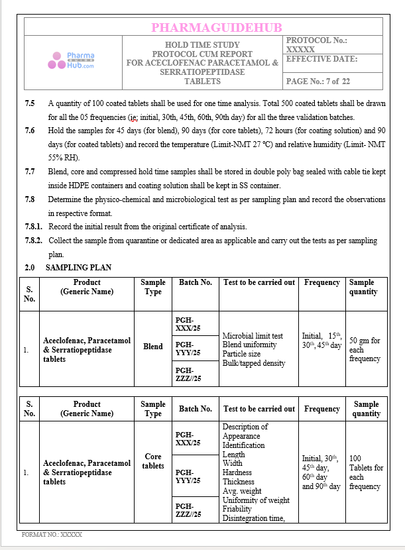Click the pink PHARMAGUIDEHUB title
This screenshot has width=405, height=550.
(x=216, y=27)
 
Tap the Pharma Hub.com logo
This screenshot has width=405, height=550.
(x=72, y=61)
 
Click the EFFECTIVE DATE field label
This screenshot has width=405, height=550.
(x=321, y=59)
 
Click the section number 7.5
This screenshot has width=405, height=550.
(x=30, y=104)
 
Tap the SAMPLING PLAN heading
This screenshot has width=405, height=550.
(x=78, y=268)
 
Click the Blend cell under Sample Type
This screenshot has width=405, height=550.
(x=153, y=347)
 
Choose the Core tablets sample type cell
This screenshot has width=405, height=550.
(x=153, y=461)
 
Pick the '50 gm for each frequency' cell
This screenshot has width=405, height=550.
(x=365, y=350)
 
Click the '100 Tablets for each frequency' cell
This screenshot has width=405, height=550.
(x=366, y=472)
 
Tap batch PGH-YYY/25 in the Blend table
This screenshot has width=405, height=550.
(x=188, y=349)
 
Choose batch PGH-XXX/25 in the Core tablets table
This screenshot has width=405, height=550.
(x=188, y=439)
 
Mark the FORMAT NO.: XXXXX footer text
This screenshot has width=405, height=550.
(x=52, y=533)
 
